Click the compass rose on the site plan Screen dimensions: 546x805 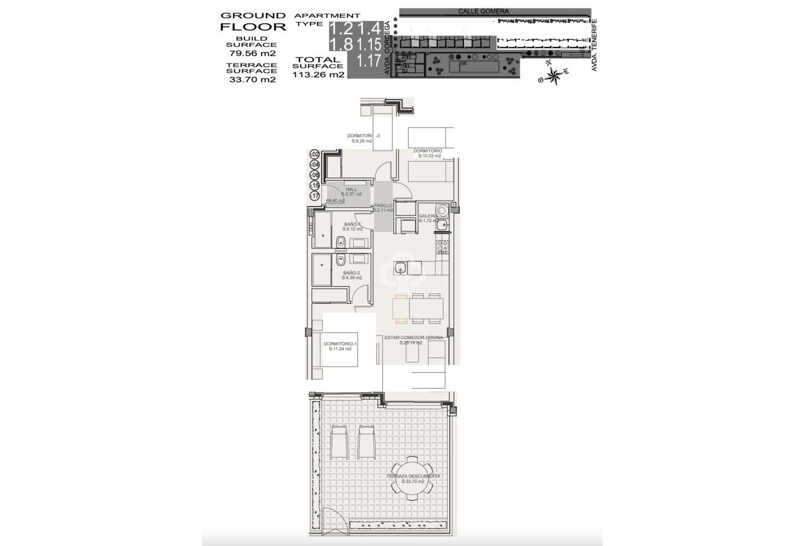point(553,75)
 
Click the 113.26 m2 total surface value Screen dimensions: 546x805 point(319,76)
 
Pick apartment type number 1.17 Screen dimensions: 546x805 point(369,60)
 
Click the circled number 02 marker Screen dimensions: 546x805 point(315,154)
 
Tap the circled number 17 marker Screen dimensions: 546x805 point(315,196)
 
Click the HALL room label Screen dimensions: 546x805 point(351,189)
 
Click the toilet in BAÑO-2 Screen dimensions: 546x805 point(340,260)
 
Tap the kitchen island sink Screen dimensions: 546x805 point(401,267)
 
